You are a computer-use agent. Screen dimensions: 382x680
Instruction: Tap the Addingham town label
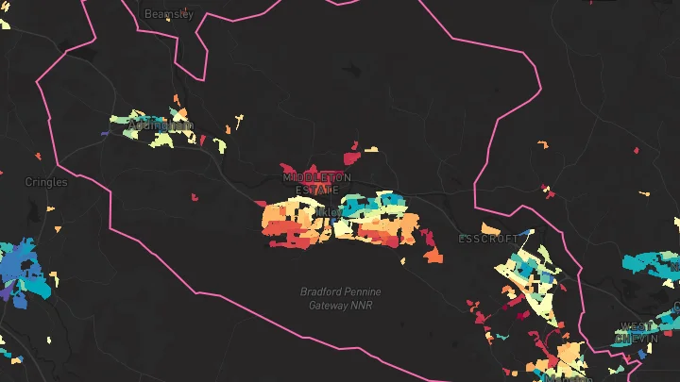click(x=160, y=125)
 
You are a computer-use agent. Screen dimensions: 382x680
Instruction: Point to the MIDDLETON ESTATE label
click(x=316, y=183)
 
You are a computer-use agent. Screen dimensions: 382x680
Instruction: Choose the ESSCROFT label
click(x=488, y=240)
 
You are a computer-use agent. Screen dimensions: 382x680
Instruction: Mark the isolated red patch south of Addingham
click(x=194, y=197)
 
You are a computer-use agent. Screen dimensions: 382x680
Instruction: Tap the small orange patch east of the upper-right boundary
click(x=543, y=144)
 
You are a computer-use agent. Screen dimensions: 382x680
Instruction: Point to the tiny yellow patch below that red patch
click(x=646, y=193)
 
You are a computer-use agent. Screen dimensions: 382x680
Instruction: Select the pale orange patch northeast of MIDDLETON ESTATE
click(x=372, y=149)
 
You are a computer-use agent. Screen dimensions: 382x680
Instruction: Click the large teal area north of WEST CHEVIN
click(x=652, y=265)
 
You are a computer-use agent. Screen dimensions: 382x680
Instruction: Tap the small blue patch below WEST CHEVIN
click(x=643, y=354)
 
